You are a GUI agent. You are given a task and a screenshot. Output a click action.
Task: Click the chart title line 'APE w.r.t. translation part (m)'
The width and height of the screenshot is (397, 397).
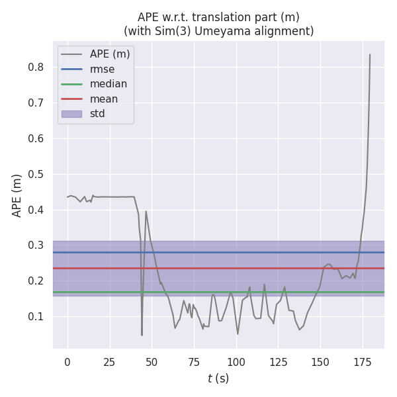pos(218,17)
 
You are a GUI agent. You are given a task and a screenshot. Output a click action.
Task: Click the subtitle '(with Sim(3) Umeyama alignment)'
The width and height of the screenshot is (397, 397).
pos(218,31)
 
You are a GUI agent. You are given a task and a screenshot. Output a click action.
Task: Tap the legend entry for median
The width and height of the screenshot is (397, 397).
pos(109,84)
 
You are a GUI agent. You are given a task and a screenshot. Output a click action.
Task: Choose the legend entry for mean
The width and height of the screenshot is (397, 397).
pos(104,99)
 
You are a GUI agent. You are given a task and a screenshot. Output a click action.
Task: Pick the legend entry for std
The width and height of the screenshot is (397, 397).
pos(97,114)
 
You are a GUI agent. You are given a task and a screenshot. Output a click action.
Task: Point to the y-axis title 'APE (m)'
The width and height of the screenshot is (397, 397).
pos(17,195)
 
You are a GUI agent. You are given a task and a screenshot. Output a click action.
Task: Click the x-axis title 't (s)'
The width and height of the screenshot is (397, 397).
pos(218,378)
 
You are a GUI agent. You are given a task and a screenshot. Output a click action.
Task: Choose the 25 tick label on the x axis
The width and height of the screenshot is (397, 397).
pos(109,362)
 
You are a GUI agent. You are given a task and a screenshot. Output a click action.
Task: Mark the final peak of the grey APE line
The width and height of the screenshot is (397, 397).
pos(370,55)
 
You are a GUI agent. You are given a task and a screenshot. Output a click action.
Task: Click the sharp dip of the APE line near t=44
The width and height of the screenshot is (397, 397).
pos(142,335)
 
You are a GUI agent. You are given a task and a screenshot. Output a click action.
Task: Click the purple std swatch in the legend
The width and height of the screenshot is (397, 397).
pos(71,114)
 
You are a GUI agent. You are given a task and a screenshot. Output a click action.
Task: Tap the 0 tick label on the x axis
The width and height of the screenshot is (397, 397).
pos(67,362)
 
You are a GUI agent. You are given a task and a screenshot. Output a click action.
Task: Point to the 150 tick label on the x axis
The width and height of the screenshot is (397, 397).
pos(320,362)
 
